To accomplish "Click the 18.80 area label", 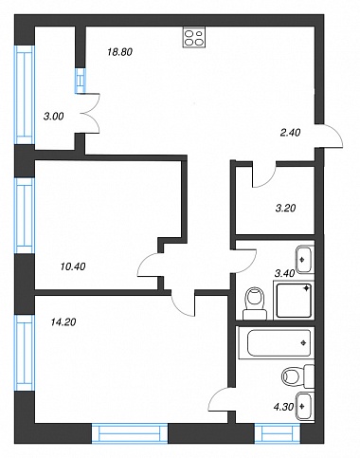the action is [x=119, y=52].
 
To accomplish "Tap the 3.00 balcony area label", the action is [x=54, y=117].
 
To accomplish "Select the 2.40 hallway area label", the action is [x=290, y=133].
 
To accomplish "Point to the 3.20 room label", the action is [x=285, y=208].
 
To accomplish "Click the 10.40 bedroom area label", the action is [x=73, y=266].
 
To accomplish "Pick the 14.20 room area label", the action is [x=63, y=322].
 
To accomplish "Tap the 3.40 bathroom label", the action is [x=284, y=273].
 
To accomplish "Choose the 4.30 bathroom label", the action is [x=284, y=407].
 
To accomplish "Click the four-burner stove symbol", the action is [x=194, y=37].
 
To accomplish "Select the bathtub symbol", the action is [x=277, y=343].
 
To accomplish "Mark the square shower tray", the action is [x=294, y=301].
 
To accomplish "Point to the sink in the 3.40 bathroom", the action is [x=305, y=260].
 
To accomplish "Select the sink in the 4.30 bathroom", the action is [x=306, y=407].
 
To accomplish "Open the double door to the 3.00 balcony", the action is [x=92, y=113].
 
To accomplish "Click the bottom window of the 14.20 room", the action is [x=130, y=432].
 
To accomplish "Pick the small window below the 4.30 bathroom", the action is [x=278, y=432].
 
